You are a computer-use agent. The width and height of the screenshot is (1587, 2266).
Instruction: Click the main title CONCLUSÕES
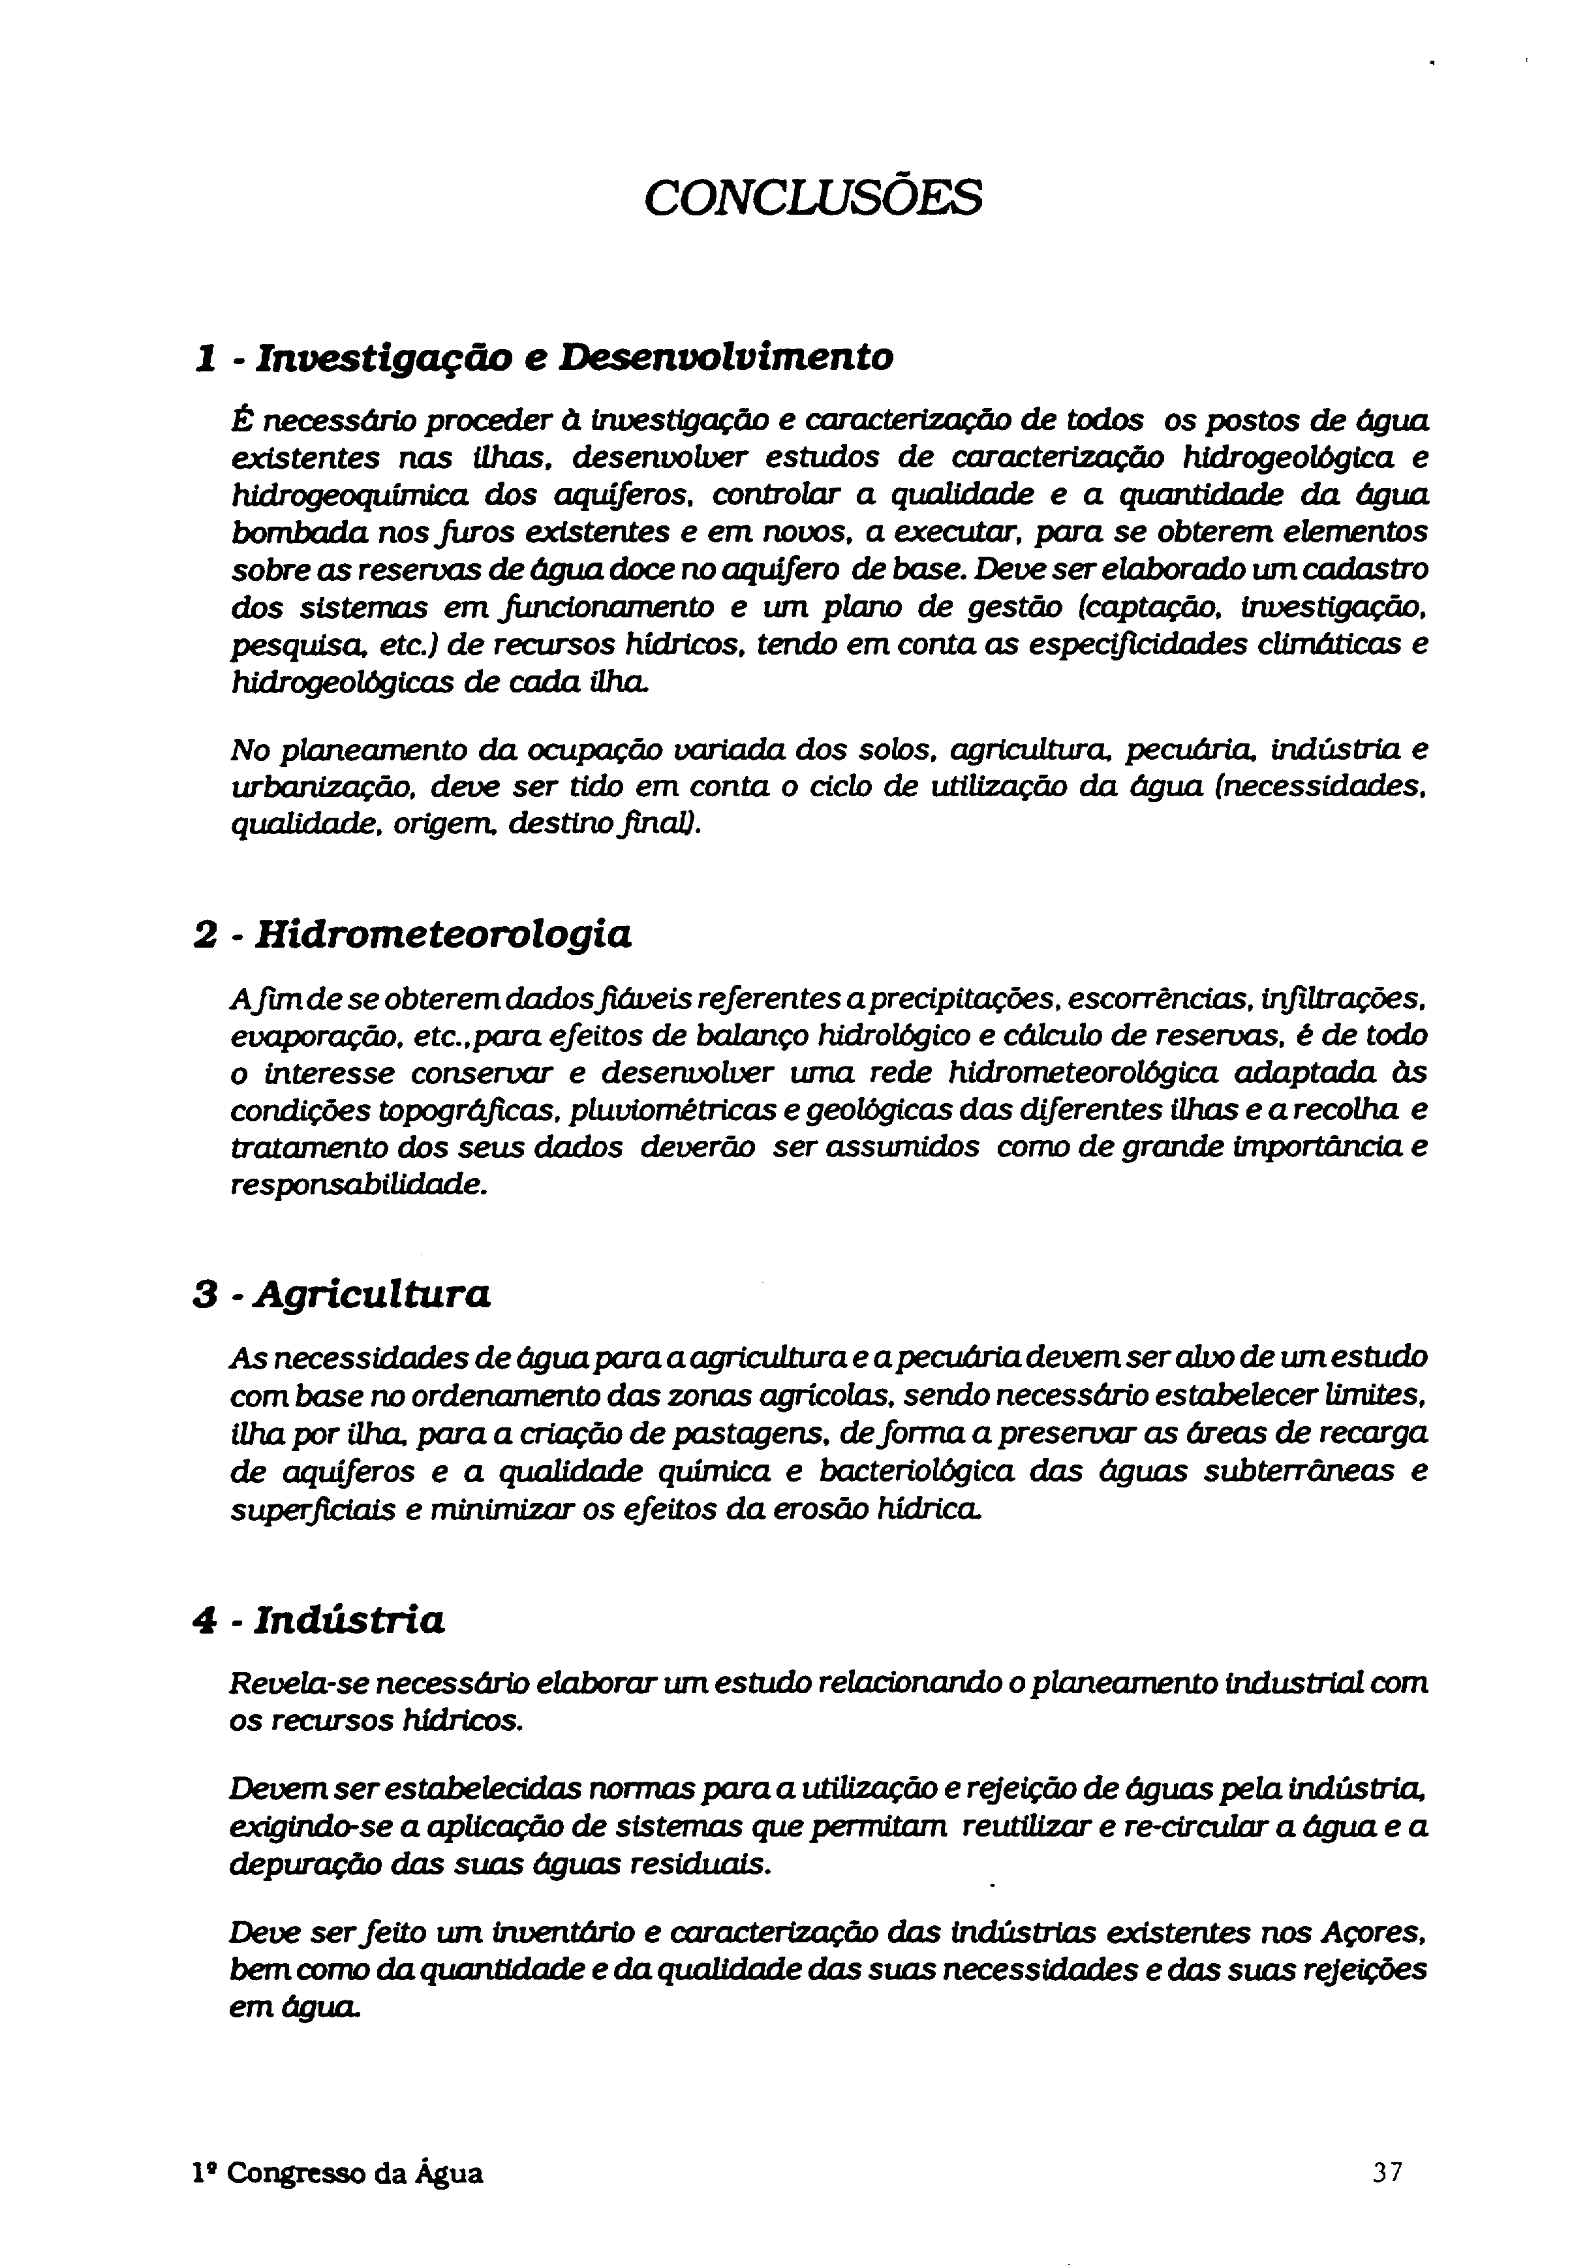click(813, 197)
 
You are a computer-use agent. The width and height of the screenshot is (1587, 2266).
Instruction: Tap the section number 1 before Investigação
click(206, 357)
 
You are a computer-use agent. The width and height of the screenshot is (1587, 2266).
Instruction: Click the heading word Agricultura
click(372, 1293)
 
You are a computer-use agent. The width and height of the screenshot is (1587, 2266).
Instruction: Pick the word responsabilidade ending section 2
click(358, 1185)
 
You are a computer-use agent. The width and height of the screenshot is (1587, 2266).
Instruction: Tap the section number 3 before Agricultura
click(206, 1294)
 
